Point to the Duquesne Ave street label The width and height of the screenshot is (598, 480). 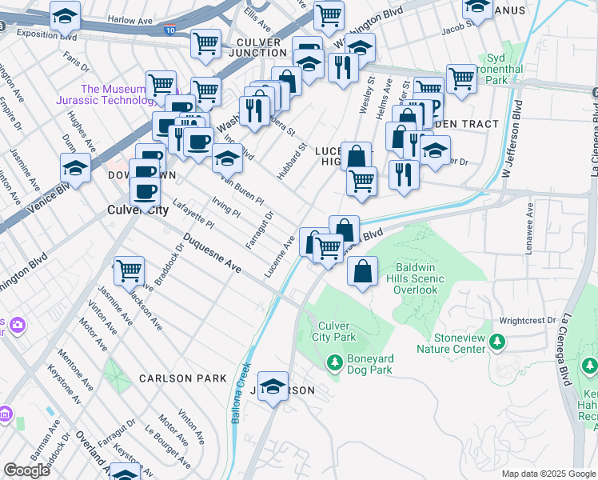click(212, 252)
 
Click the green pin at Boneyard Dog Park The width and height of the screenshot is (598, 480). click(335, 363)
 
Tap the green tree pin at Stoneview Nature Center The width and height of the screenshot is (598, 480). click(497, 342)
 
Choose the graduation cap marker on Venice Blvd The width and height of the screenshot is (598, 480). click(75, 167)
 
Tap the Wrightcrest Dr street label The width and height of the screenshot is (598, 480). click(527, 321)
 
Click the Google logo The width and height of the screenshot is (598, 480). click(26, 470)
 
